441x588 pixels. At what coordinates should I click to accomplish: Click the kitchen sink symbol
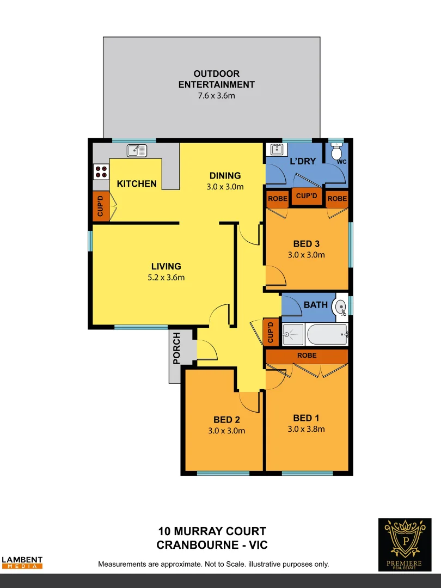point(137,150)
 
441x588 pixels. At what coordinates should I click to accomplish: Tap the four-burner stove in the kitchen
point(101,172)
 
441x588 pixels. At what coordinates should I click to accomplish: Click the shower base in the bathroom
point(294,334)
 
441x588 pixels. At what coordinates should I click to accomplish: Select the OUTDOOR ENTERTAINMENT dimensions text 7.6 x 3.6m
point(217,96)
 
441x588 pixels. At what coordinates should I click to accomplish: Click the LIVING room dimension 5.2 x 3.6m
point(166,278)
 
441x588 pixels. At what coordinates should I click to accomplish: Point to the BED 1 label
point(306,418)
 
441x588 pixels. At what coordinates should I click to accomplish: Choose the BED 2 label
point(226,420)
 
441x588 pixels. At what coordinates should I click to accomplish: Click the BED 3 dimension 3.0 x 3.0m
point(306,255)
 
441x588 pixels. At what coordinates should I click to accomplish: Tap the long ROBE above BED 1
point(307,356)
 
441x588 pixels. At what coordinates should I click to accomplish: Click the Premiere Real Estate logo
point(405,544)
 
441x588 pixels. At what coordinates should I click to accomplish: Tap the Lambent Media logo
point(22,562)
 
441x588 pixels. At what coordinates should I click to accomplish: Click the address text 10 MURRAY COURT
point(212,531)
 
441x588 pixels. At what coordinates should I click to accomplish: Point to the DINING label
point(225,175)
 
